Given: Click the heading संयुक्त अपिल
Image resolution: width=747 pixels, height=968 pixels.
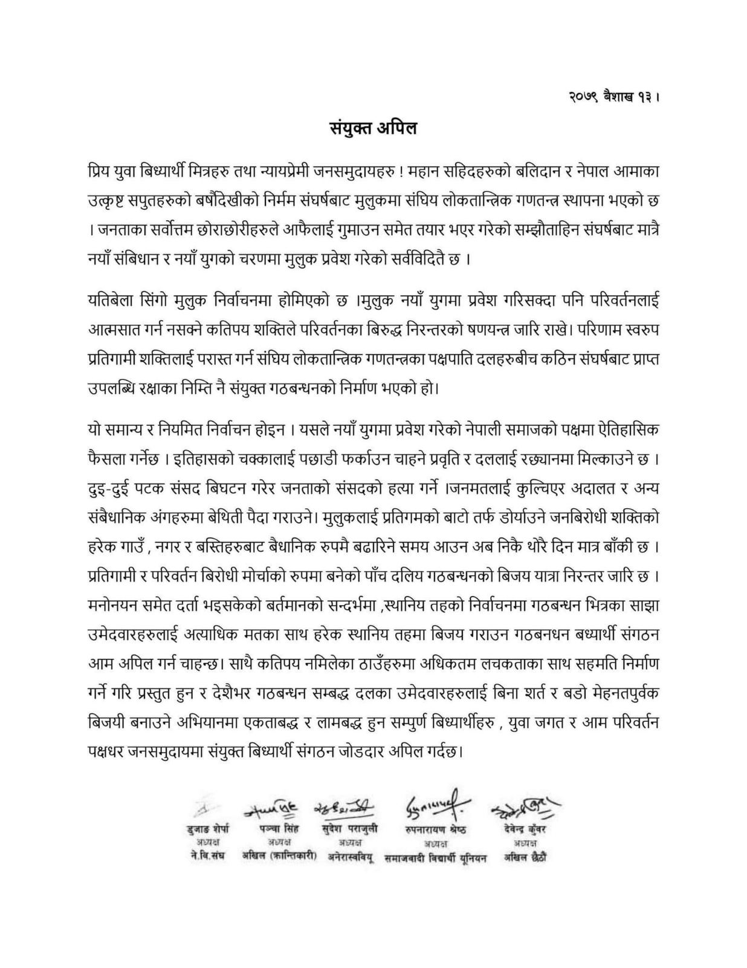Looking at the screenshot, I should click(x=373, y=128).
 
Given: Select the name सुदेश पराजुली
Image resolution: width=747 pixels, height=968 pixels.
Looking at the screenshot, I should click(x=349, y=829).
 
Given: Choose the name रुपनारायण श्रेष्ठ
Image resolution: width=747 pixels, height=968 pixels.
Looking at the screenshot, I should click(x=435, y=829).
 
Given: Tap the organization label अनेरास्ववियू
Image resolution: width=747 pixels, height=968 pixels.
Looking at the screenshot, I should click(x=351, y=857).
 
